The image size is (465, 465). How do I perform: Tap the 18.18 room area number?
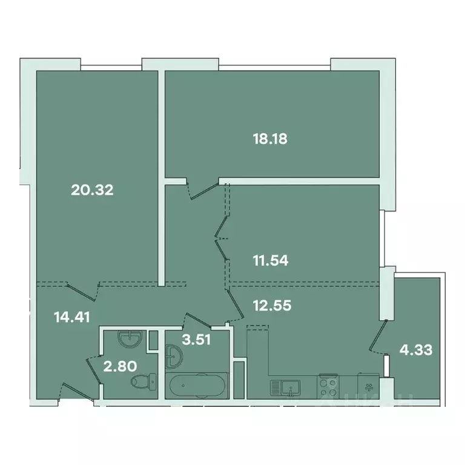[x=269, y=139]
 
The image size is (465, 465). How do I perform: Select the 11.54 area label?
[x=270, y=262]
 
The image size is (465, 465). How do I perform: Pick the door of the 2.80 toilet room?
[x=93, y=367]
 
